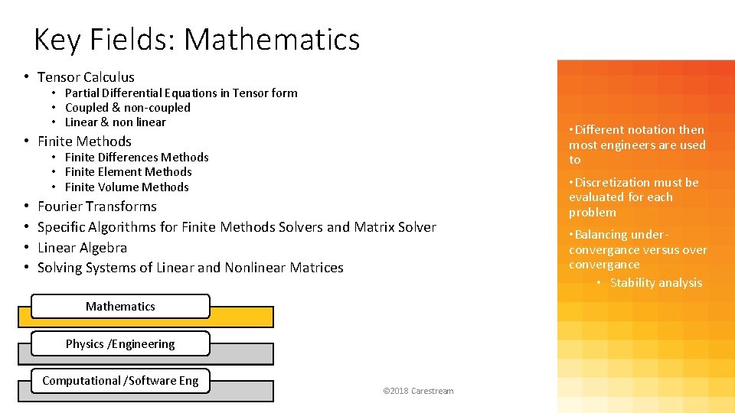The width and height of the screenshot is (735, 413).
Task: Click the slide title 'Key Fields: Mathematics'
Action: (x=197, y=39)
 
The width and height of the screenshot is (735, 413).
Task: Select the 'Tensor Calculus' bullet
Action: (x=86, y=77)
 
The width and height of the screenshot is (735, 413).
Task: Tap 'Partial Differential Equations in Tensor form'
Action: (x=181, y=93)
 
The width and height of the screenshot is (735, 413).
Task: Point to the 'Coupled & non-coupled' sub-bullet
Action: (x=128, y=108)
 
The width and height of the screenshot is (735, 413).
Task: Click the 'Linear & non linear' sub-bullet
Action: (x=116, y=122)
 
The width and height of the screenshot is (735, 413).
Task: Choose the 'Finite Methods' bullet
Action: (x=84, y=141)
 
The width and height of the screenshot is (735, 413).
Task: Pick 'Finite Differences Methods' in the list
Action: (x=137, y=158)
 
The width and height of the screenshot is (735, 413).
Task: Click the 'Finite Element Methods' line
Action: (x=129, y=172)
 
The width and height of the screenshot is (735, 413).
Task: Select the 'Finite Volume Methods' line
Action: (x=127, y=187)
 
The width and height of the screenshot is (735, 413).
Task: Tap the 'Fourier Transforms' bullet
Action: (x=97, y=206)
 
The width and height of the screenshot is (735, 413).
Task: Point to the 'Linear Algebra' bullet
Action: (x=83, y=248)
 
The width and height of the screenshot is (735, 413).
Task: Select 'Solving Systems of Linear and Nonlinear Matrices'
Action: (x=191, y=268)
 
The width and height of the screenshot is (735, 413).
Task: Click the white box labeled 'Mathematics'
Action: (x=120, y=307)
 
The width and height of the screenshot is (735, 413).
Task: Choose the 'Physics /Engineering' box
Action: (x=120, y=344)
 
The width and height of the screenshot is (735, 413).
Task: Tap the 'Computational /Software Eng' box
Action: (x=120, y=381)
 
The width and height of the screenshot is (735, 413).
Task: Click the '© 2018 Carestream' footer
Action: (x=418, y=392)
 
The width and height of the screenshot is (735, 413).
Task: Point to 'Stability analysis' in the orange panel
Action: (x=656, y=283)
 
